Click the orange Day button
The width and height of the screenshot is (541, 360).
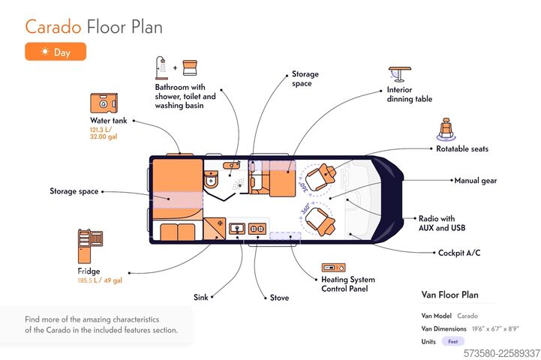coord(56,52)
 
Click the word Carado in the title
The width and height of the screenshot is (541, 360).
coord(53,27)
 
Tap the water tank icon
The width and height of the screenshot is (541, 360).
coord(104,103)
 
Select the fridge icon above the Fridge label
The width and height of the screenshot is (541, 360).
coord(90,246)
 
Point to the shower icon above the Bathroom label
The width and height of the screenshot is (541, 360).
coord(161,68)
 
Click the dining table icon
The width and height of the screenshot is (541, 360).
coord(399,74)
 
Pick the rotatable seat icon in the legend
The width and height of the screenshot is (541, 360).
coord(446,129)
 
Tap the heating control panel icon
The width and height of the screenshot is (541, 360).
coord(333,268)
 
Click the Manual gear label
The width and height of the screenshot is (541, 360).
coord(476,181)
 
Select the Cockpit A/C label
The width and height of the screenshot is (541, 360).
coord(459,253)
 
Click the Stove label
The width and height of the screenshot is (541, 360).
coord(279,298)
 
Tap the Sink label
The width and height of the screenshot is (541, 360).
coord(201,297)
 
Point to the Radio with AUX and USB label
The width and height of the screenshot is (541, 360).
coord(442,223)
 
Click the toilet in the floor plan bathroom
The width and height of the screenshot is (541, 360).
coord(211,179)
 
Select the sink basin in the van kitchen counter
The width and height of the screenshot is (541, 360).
coord(237,228)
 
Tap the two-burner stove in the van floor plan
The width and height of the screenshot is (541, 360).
coord(257,228)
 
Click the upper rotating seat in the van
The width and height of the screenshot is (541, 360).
coord(320,176)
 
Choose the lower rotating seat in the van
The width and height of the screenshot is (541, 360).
coord(320,221)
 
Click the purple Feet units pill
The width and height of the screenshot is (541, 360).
coord(453,341)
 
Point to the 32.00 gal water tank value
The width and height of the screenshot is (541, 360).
coord(104,136)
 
